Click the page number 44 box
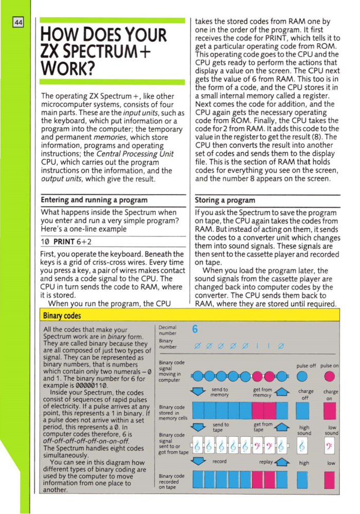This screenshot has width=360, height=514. coord(19,23)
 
